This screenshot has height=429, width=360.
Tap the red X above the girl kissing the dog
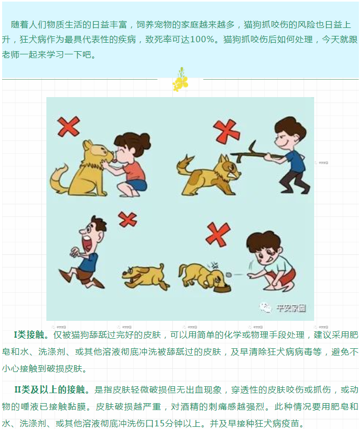(x=69, y=127)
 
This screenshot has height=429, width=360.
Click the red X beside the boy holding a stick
(x=227, y=131)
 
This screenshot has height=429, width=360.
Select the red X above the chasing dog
(x=128, y=219)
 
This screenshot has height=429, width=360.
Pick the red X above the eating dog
(x=218, y=234)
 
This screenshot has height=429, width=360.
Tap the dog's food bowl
(x=223, y=289)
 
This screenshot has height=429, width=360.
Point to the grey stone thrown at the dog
(x=229, y=274)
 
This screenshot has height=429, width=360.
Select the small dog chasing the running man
(x=145, y=276)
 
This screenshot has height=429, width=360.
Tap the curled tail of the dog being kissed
(x=59, y=180)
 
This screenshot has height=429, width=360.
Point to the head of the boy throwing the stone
(x=264, y=248)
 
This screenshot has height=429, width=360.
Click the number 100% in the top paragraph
(x=202, y=40)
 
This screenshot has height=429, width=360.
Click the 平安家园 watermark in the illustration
(x=291, y=308)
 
